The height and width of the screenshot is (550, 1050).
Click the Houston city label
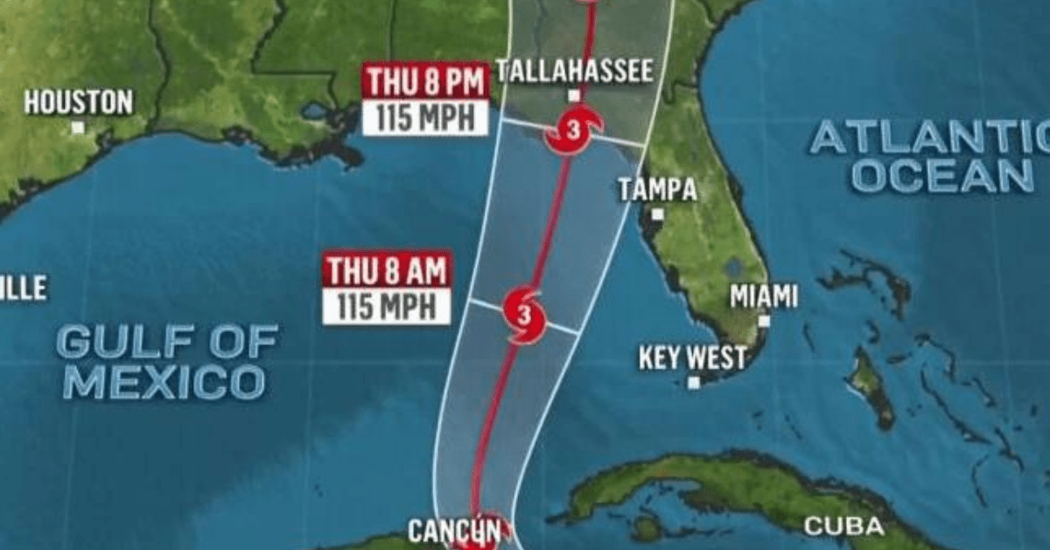pos(78,102)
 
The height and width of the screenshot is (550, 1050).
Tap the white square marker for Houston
pos(77,127)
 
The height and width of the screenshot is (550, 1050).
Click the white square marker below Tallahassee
pos(574,95)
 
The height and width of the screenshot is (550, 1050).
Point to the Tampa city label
pos(657,189)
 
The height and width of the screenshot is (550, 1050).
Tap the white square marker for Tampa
pos(657,214)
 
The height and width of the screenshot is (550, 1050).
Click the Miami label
pos(764,296)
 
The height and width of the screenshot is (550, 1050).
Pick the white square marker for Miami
pos(764,321)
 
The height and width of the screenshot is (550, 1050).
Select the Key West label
pos(693,357)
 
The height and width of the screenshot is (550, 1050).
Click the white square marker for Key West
pos(694,382)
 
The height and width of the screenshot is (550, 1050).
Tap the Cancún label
pos(455,531)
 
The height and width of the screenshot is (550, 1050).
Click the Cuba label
pos(843,526)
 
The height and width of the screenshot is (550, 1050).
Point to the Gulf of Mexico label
pos(166,361)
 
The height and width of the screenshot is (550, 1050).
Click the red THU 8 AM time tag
pos(388,270)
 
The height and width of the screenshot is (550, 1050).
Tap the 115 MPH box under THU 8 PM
pos(425,117)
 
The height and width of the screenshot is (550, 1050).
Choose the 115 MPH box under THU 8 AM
pos(387,307)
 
